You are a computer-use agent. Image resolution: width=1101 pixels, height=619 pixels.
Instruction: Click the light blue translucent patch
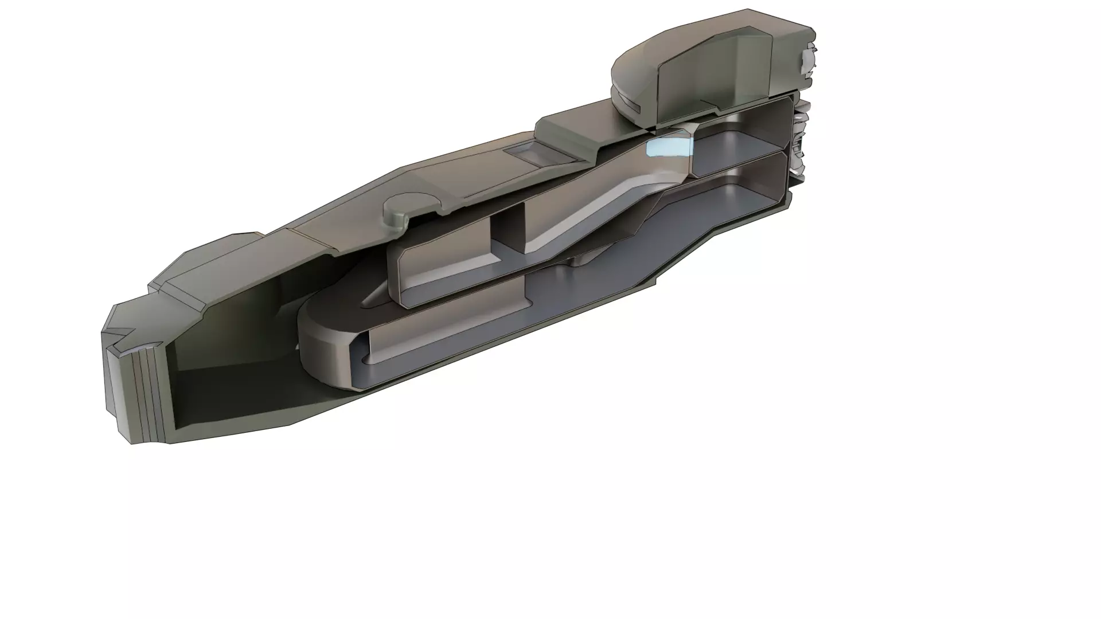tap(668, 146)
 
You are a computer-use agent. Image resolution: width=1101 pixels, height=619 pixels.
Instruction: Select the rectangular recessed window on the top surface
tap(530, 152)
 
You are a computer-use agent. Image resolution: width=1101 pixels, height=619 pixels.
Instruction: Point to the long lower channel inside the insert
tap(447, 338)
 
